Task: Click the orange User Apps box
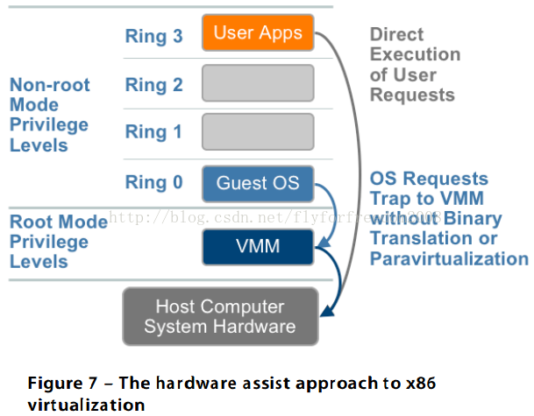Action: pos(258,32)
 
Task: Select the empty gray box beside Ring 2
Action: pos(258,83)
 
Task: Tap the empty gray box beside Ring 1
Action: pos(258,131)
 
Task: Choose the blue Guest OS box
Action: pos(258,184)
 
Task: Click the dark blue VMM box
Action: pos(258,247)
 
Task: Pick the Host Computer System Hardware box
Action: pos(220,316)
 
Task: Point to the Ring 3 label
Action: pos(154,36)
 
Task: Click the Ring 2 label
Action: pos(154,85)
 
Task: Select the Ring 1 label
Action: pos(153,132)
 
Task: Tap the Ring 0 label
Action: pos(154,182)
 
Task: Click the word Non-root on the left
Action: pos(50,85)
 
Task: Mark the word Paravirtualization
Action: pos(449,259)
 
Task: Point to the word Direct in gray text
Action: pos(396,34)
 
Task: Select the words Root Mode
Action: pos(59,222)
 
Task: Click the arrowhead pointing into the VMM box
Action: pos(324,242)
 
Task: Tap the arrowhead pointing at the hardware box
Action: pos(328,311)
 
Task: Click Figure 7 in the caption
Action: pos(62,384)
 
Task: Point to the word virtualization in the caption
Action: pos(86,405)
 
